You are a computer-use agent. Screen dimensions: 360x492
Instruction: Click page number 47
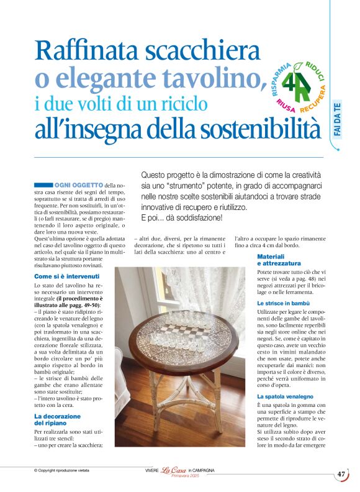341,474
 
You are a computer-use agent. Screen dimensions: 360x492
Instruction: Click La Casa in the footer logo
173,471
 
